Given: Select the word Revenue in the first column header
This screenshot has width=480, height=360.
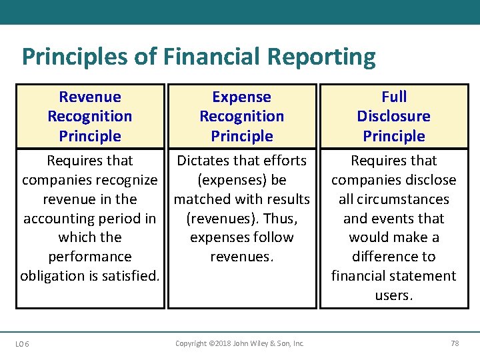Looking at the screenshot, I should coord(90,97).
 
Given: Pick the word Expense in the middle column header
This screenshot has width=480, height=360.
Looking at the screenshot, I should coord(241,97).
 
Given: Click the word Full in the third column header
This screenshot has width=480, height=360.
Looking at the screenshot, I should coord(394,97).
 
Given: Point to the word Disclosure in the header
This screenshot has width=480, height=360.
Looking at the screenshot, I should coord(394,117).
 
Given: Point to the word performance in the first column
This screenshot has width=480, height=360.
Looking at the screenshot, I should coord(90,257).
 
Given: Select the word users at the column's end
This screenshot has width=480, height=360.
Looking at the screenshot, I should coord(393,295).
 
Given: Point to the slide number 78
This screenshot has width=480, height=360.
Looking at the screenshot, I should coord(455,344).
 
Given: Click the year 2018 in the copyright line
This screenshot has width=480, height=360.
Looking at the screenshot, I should coord(217,344).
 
